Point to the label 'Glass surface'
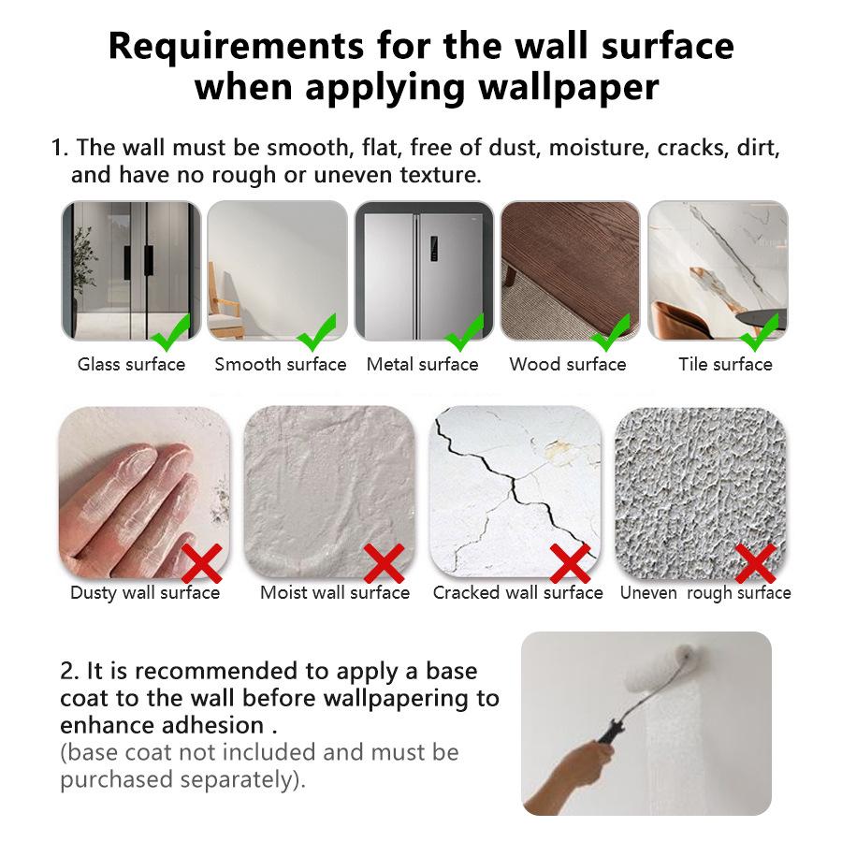coord(131,365)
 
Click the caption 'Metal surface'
coord(422,365)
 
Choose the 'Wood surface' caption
coord(568,365)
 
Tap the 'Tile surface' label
coord(725,365)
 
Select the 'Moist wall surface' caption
coord(335,593)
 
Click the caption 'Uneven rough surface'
coord(705,593)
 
